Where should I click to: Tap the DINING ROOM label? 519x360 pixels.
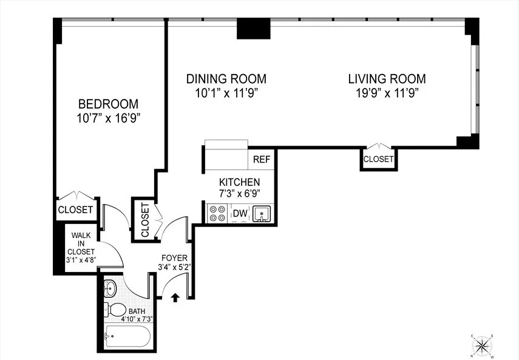click(x=226, y=79)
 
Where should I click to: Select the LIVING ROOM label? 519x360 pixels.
click(x=387, y=79)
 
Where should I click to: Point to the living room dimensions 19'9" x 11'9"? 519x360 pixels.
click(x=387, y=93)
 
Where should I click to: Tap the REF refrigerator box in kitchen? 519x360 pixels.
click(x=262, y=160)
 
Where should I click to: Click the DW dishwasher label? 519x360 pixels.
click(x=239, y=214)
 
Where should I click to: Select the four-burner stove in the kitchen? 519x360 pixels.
click(x=217, y=213)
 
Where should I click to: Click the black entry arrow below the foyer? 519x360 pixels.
click(x=175, y=297)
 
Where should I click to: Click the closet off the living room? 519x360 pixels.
click(x=378, y=159)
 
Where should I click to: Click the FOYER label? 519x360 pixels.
click(x=174, y=258)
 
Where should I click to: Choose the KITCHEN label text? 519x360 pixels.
click(x=239, y=182)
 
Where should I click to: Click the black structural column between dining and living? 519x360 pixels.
click(x=253, y=28)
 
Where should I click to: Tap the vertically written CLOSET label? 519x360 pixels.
click(x=145, y=220)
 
